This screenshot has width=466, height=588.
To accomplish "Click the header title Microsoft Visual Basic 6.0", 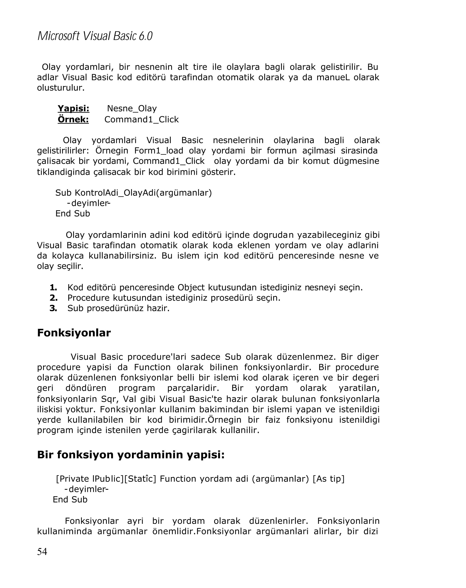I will (95, 36).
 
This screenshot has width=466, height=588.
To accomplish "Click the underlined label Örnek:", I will (73, 119).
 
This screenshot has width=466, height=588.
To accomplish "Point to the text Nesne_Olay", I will (132, 109).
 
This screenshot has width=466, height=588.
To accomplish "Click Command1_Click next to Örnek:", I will (141, 119).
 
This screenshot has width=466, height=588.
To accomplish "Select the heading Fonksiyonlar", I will (74, 333).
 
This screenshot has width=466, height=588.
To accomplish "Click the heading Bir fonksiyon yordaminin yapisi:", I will (131, 455).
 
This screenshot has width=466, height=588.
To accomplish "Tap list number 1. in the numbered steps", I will (53, 287).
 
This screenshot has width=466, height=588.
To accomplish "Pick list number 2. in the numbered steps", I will (53, 298).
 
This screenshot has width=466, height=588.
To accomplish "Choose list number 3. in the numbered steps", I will (53, 308).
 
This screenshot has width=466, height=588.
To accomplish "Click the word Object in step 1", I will (191, 287).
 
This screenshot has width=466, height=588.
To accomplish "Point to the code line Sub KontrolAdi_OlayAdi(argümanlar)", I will (133, 193).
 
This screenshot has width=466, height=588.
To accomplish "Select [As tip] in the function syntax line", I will (328, 479).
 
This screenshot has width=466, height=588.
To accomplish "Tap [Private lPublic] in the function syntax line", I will (89, 479).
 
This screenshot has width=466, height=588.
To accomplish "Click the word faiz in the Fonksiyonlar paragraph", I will (272, 420).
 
